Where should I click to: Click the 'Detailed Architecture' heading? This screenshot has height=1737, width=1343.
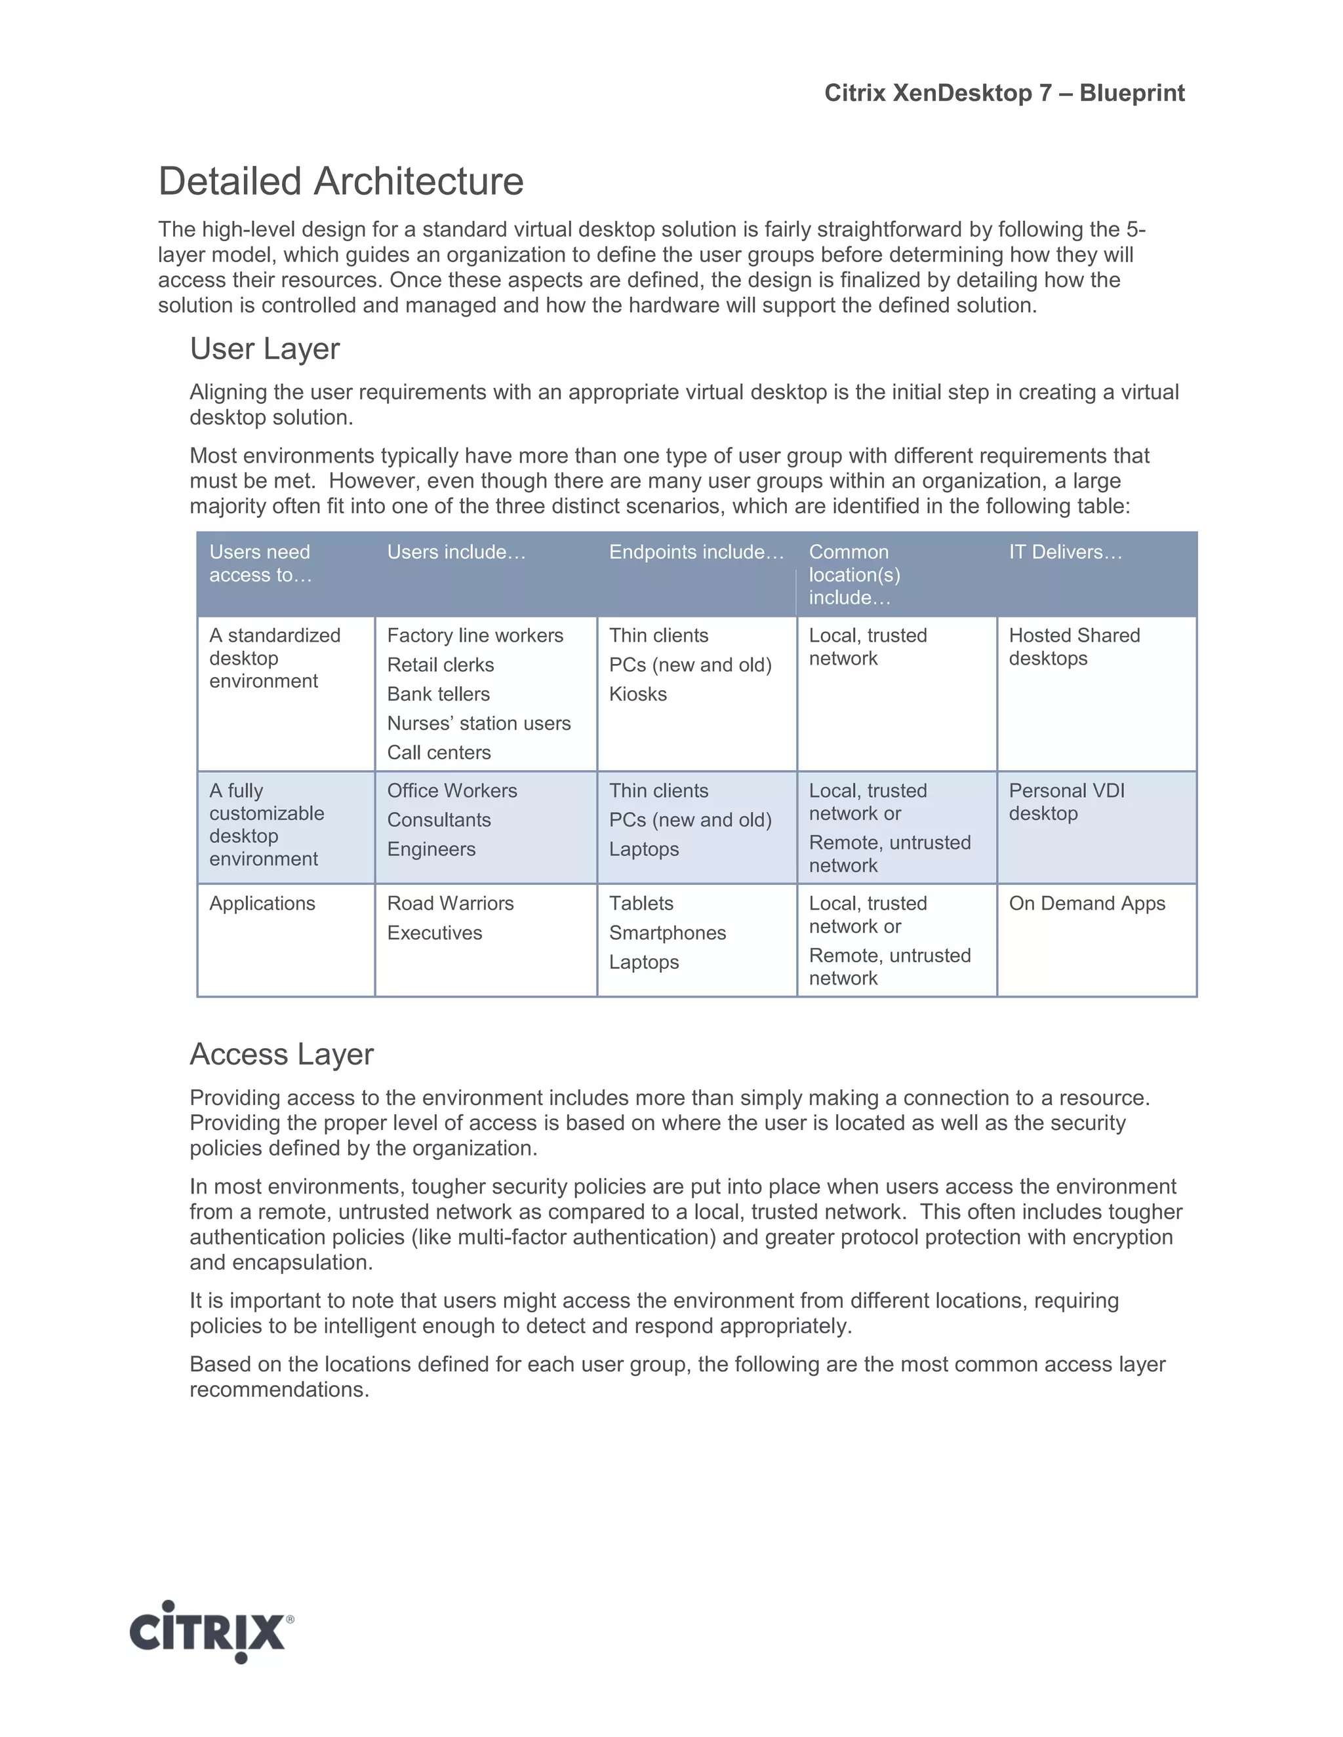point(340,182)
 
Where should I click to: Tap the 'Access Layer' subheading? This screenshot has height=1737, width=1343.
point(281,1055)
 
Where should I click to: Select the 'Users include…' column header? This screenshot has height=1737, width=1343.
point(456,552)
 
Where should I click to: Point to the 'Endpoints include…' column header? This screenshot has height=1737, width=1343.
point(696,552)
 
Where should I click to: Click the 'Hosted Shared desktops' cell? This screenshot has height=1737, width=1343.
point(1073,646)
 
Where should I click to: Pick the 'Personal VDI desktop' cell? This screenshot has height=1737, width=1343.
point(1066,802)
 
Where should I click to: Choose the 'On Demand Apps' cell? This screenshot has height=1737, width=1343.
point(1086,903)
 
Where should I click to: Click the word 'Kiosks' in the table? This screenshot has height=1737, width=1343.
point(637,694)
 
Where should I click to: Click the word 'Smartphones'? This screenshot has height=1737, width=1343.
point(667,933)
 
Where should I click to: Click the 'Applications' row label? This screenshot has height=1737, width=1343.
point(262,903)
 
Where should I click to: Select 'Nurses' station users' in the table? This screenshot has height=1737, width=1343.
point(478,724)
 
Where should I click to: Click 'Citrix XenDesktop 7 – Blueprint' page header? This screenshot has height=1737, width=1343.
point(1003,93)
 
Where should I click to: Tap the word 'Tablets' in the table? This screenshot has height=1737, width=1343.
point(641,903)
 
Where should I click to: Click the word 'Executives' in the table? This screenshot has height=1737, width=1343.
point(433,933)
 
